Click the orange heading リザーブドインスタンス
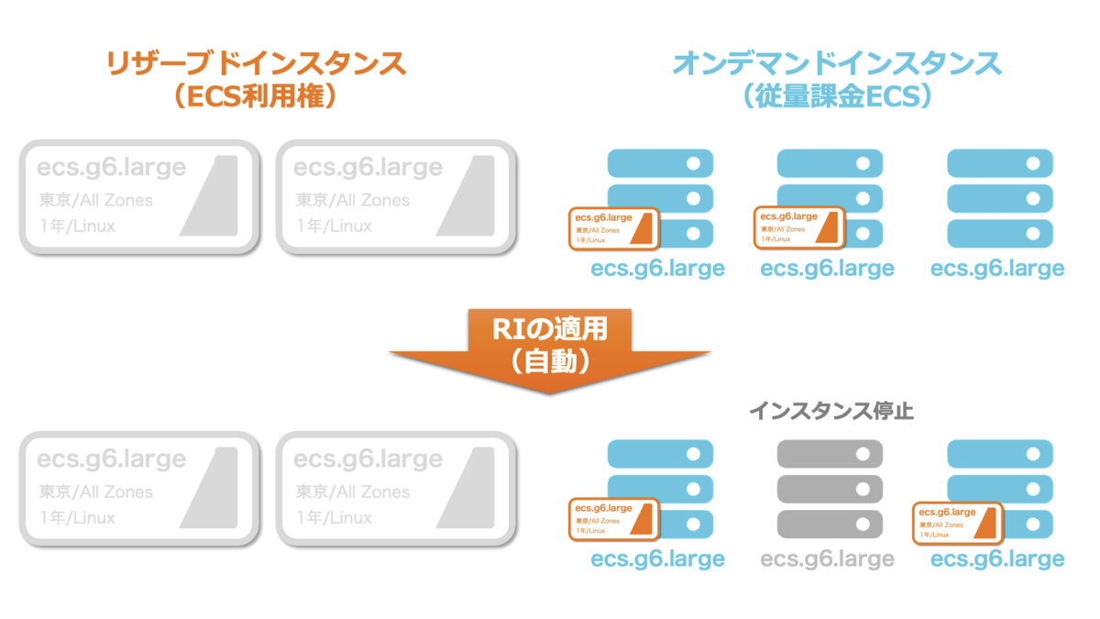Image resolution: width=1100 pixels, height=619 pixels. [x=256, y=63]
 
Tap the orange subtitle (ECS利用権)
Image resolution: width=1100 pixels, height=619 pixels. [x=255, y=96]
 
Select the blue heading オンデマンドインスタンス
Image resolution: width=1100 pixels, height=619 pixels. [x=837, y=63]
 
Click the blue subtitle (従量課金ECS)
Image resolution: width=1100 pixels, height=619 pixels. [x=837, y=96]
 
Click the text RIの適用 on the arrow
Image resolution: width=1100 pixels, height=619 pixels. [x=550, y=327]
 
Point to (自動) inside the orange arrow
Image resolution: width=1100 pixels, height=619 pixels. [x=550, y=361]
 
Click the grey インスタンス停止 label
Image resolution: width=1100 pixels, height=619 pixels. [x=830, y=411]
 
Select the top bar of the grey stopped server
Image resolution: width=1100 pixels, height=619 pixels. [x=830, y=454]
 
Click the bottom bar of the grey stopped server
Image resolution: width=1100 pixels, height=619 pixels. [x=830, y=524]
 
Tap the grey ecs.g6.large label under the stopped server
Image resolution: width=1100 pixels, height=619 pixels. [x=828, y=558]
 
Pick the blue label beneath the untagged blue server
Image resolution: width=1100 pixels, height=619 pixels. [x=997, y=269]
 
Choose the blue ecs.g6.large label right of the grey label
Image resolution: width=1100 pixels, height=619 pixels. [x=997, y=558]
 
